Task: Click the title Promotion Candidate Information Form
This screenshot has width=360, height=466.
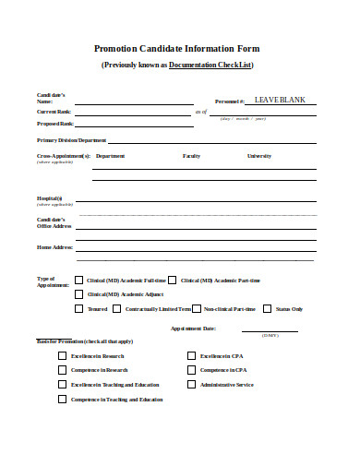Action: pyautogui.click(x=177, y=48)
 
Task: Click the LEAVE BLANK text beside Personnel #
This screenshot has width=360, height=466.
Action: pyautogui.click(x=280, y=100)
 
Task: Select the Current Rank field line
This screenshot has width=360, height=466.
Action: pyautogui.click(x=133, y=112)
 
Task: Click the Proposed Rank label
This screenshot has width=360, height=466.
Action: pyautogui.click(x=54, y=124)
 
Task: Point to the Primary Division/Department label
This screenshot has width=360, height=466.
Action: pyautogui.click(x=72, y=140)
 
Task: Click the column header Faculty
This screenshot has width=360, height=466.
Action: pyautogui.click(x=191, y=156)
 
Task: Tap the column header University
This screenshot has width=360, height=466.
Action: pyautogui.click(x=258, y=156)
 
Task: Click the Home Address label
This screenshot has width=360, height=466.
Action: pyautogui.click(x=54, y=247)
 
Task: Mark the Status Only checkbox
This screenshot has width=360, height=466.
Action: pyautogui.click(x=267, y=309)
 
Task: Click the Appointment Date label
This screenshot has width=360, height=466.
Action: pyautogui.click(x=193, y=328)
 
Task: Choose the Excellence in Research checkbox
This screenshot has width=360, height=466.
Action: pyautogui.click(x=63, y=355)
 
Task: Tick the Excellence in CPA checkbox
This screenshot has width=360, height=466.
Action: pyautogui.click(x=191, y=355)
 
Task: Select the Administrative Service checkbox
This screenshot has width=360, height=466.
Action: pyautogui.click(x=191, y=384)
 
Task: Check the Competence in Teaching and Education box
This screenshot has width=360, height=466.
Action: pyautogui.click(x=63, y=400)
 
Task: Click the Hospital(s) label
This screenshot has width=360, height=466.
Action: pyautogui.click(x=50, y=198)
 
